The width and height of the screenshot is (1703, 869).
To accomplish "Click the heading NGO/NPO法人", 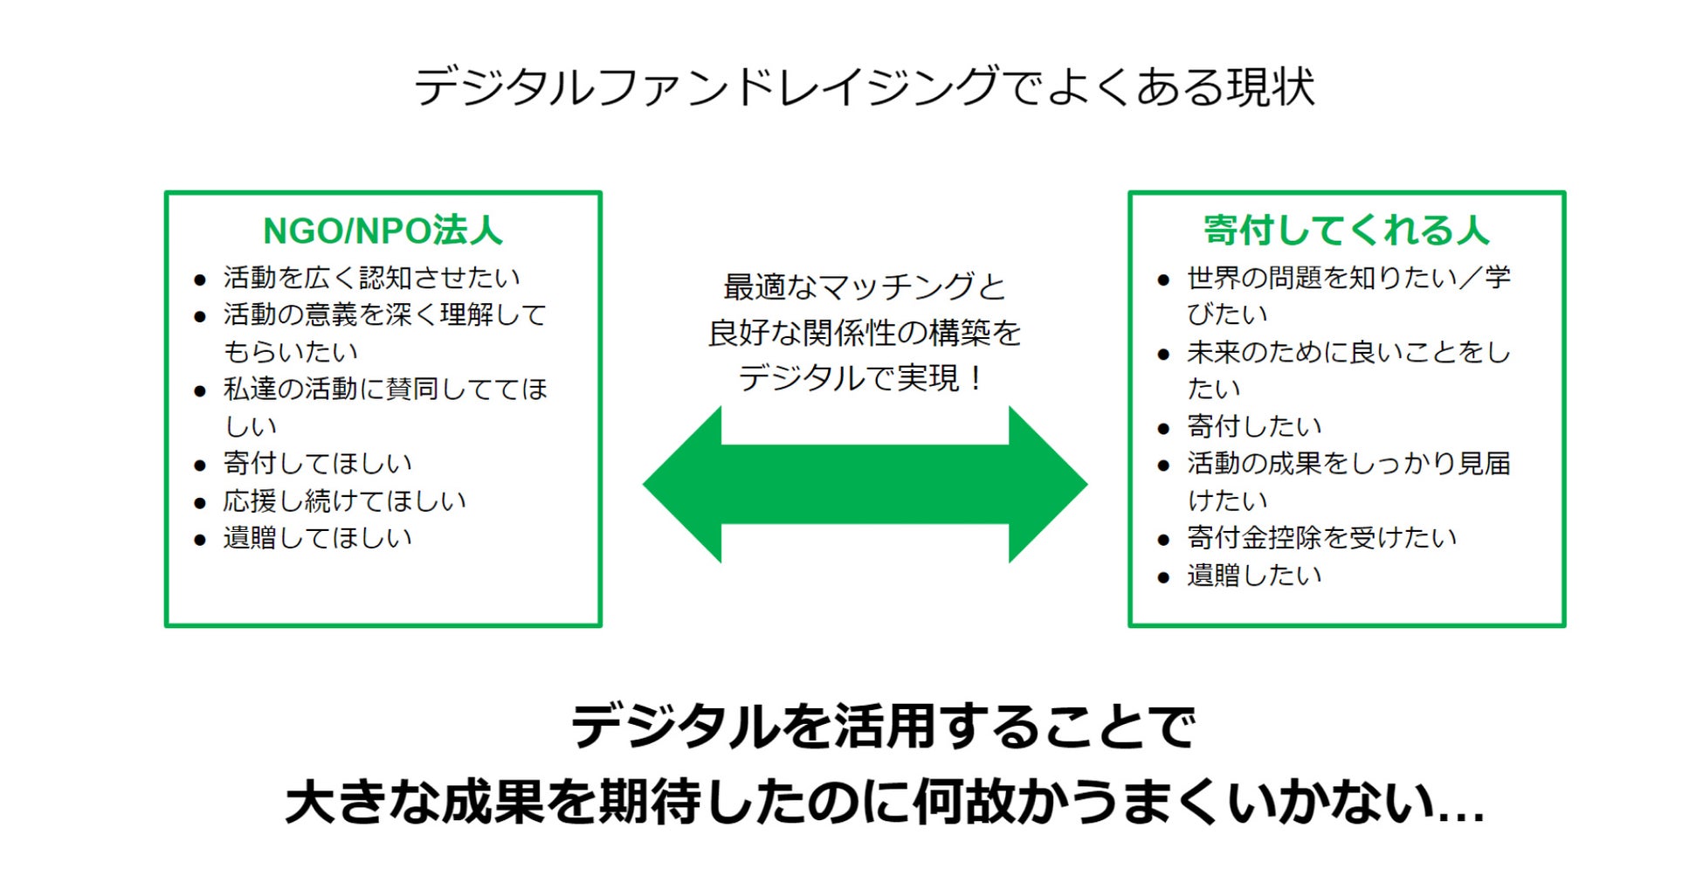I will point(383,231).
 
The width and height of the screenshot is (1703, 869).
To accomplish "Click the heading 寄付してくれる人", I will point(1346,231).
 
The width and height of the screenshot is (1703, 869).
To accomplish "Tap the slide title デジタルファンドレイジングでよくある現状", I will point(864,86).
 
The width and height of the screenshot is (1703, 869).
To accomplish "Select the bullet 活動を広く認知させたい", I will point(371,278).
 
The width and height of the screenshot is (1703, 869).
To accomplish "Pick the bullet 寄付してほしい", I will point(317,463).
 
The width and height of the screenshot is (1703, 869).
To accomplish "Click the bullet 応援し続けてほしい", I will point(344,500).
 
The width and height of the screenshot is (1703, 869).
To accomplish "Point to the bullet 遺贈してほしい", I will point(317,538).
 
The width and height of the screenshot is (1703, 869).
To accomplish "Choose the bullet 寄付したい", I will point(1254,426).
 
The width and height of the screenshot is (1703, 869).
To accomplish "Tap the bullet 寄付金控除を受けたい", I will point(1321,538).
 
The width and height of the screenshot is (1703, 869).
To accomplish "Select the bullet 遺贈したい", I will point(1254,576).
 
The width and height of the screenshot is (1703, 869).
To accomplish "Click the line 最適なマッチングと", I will point(864,286).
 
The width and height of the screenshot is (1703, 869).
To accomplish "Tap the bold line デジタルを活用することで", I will point(883,727).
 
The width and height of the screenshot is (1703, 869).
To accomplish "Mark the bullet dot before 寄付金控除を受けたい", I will point(1163,541).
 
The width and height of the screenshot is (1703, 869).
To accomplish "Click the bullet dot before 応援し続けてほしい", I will point(200,503).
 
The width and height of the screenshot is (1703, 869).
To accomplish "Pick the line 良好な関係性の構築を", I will point(864,333).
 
